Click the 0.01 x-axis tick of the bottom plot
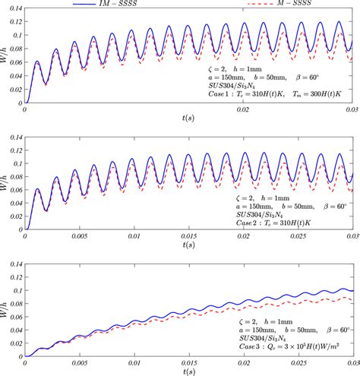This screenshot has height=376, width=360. point(135,362)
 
